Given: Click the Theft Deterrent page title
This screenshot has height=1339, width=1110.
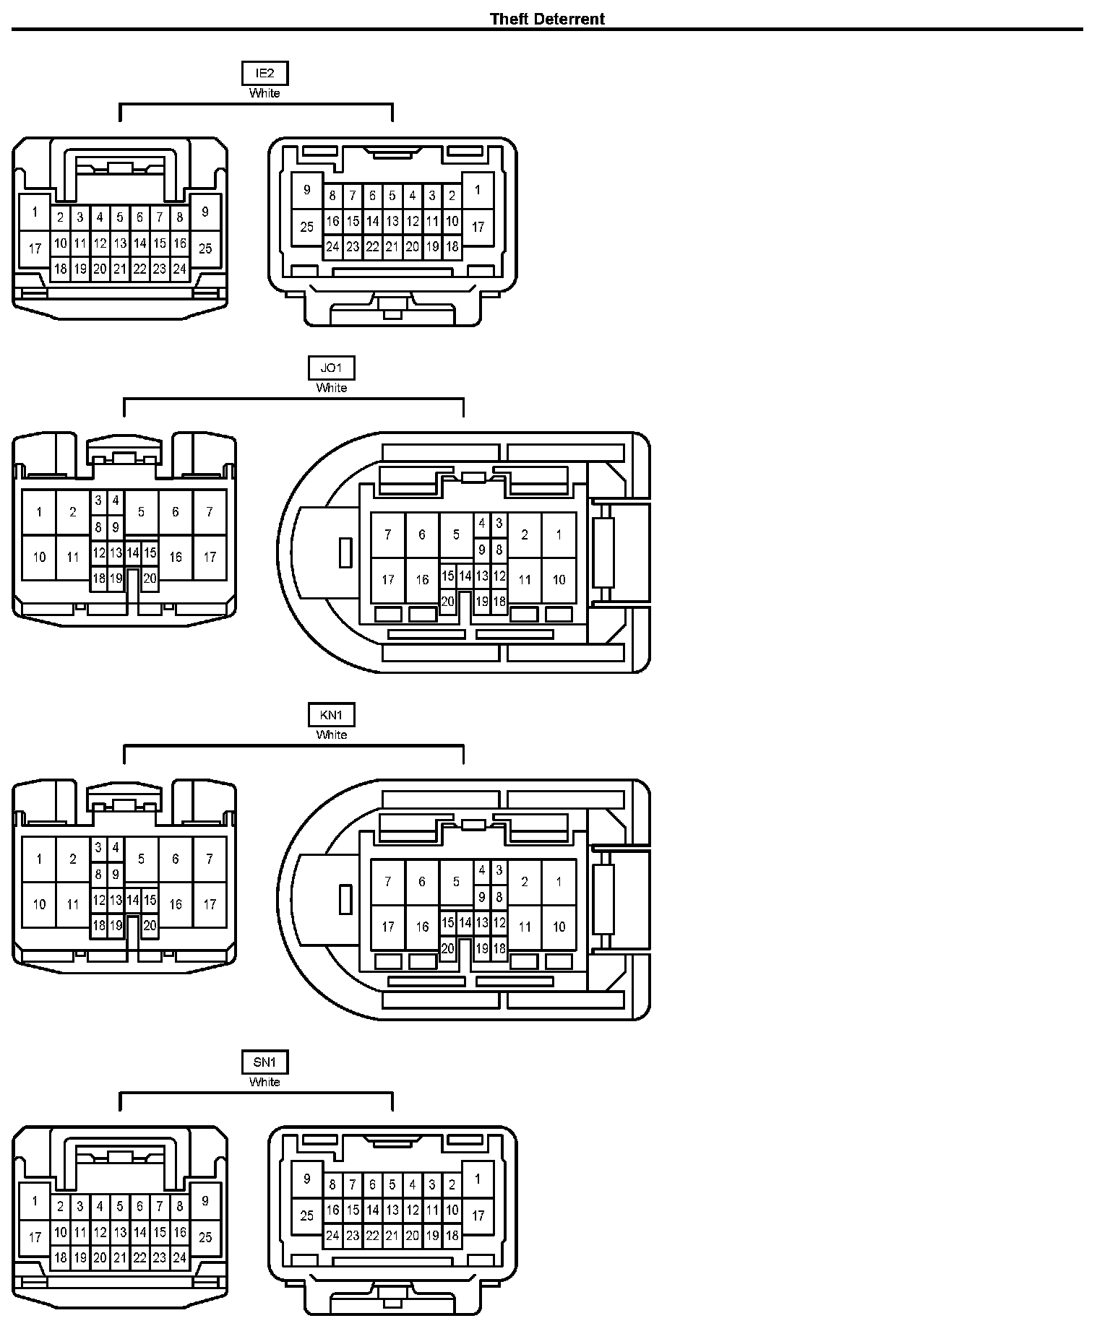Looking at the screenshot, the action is (x=547, y=19).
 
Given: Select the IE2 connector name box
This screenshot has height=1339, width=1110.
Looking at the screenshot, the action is (x=264, y=74).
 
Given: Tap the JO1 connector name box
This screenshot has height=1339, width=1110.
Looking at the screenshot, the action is (x=332, y=368).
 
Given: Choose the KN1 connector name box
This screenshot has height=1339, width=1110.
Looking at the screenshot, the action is (x=332, y=715).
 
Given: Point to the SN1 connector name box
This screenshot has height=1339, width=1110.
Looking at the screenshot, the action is (x=264, y=1062).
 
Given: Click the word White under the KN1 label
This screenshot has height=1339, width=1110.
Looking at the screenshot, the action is (x=332, y=735).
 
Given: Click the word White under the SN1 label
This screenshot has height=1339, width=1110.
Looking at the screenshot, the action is (x=264, y=1082).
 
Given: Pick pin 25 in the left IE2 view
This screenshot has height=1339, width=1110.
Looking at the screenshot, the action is (x=205, y=248).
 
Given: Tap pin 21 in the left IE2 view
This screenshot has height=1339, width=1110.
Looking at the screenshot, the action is (x=120, y=269).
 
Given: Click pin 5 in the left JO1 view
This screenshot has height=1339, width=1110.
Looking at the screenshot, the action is (x=141, y=512).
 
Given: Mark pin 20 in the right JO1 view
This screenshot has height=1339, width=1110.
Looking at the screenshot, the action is (x=447, y=601).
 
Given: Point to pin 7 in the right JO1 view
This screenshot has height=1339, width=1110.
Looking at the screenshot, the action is (x=388, y=535).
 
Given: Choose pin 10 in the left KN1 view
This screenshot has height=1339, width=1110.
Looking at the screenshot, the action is (x=39, y=904).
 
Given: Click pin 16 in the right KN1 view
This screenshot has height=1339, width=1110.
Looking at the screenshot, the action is (x=422, y=927).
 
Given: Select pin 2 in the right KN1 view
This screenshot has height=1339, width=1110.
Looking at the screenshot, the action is (x=525, y=882).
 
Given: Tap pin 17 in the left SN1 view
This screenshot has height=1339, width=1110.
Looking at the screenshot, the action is (x=35, y=1237).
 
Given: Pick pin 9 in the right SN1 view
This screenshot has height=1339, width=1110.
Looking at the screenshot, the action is (x=307, y=1179).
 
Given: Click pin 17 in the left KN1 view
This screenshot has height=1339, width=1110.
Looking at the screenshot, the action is (x=210, y=904).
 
